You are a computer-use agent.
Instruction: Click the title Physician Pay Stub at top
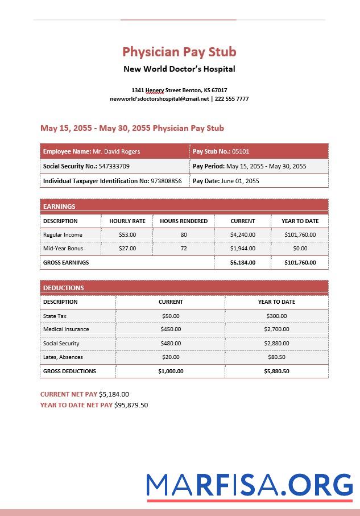tap(179, 52)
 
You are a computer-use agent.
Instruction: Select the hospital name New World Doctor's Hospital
tap(179, 69)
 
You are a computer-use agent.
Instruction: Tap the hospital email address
tap(159, 99)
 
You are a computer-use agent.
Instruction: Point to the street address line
tap(179, 90)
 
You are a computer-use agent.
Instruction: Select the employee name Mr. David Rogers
tap(116, 151)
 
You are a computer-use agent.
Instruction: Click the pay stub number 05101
tap(241, 151)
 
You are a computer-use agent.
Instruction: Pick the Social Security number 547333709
tap(114, 166)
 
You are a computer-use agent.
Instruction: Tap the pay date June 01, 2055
tap(239, 181)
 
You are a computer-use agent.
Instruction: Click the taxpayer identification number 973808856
tap(166, 181)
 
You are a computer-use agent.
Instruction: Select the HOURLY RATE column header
tap(127, 221)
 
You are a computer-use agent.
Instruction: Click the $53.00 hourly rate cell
tap(127, 234)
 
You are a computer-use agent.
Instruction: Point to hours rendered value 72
tap(184, 249)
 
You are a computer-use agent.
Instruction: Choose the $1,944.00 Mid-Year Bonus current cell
tap(243, 249)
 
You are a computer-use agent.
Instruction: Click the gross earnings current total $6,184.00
tap(243, 263)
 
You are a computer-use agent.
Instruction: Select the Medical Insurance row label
tap(66, 329)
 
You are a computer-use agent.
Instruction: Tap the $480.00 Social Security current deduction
tap(171, 344)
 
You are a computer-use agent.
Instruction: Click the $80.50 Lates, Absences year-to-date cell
tap(276, 357)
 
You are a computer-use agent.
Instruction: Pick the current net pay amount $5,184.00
tap(114, 394)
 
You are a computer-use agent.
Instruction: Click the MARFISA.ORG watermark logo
tap(249, 485)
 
